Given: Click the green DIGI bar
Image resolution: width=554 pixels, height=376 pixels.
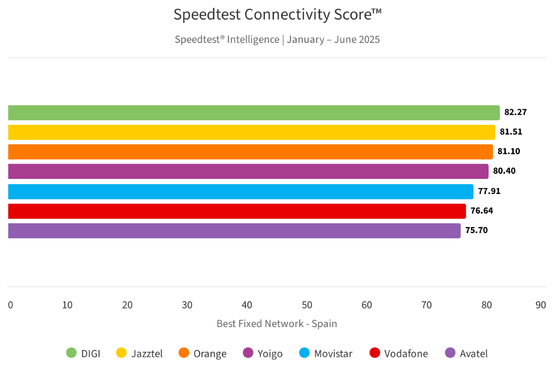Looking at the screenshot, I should coord(254,113).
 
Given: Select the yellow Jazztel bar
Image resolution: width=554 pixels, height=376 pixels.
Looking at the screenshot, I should coord(251,132).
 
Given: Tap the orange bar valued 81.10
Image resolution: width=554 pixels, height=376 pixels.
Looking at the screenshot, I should coord(250,152).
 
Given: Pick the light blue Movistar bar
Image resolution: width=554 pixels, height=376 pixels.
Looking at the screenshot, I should coord(241,191).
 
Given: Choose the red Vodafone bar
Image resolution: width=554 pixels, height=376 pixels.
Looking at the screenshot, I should coord(237,211).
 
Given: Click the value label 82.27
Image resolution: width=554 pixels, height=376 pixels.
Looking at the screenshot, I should coord(515,113).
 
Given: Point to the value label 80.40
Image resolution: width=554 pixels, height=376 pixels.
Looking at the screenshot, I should coord(504,171).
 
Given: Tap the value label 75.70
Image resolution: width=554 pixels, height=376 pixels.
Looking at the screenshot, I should coord(476,230).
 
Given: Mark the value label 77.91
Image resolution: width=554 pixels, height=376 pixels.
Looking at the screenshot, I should coord(489,191).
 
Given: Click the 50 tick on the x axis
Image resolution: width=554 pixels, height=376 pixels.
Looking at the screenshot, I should coord(307,305).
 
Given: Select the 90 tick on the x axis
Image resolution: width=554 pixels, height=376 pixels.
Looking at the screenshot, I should coord(541,305).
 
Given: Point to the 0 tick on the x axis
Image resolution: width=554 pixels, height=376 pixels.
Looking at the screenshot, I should coord(10,305).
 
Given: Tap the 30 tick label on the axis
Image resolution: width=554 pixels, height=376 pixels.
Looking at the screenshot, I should coord(187,305).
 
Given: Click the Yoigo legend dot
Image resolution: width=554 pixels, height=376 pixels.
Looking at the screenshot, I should coord(248,353).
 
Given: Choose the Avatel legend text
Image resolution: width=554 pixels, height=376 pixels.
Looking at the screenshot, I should coord(473,353).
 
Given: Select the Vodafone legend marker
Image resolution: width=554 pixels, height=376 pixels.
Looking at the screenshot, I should coord(375,353).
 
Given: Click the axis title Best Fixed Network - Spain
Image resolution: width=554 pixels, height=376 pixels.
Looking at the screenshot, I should coord(277,324).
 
